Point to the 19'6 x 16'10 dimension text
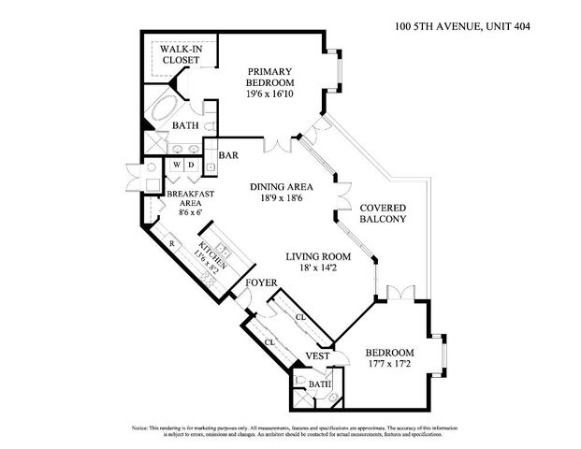click(270, 94)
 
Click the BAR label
click(228, 156)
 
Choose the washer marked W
click(176, 167)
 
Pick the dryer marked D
click(191, 167)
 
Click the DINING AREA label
click(281, 187)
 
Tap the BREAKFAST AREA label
click(190, 200)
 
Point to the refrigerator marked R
click(171, 244)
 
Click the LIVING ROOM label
click(319, 256)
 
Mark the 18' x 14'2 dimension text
click(319, 269)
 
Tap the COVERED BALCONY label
click(383, 212)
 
